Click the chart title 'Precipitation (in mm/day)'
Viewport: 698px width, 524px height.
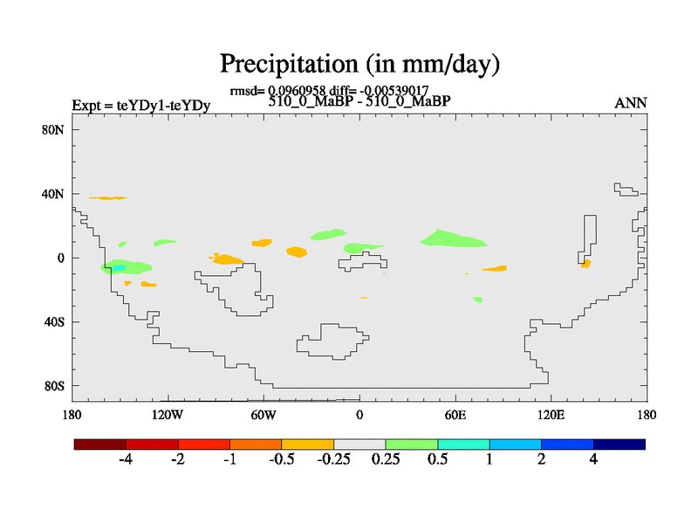[359, 64]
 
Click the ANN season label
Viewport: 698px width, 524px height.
[631, 103]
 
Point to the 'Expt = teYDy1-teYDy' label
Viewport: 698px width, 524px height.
[140, 106]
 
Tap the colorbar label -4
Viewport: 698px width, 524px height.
[127, 460]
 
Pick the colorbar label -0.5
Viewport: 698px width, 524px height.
[282, 460]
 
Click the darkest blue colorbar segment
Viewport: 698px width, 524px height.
[619, 445]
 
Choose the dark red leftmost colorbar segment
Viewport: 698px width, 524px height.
[100, 445]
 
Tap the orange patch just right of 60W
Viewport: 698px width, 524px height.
[297, 252]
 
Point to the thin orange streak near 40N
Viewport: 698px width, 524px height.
[107, 198]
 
